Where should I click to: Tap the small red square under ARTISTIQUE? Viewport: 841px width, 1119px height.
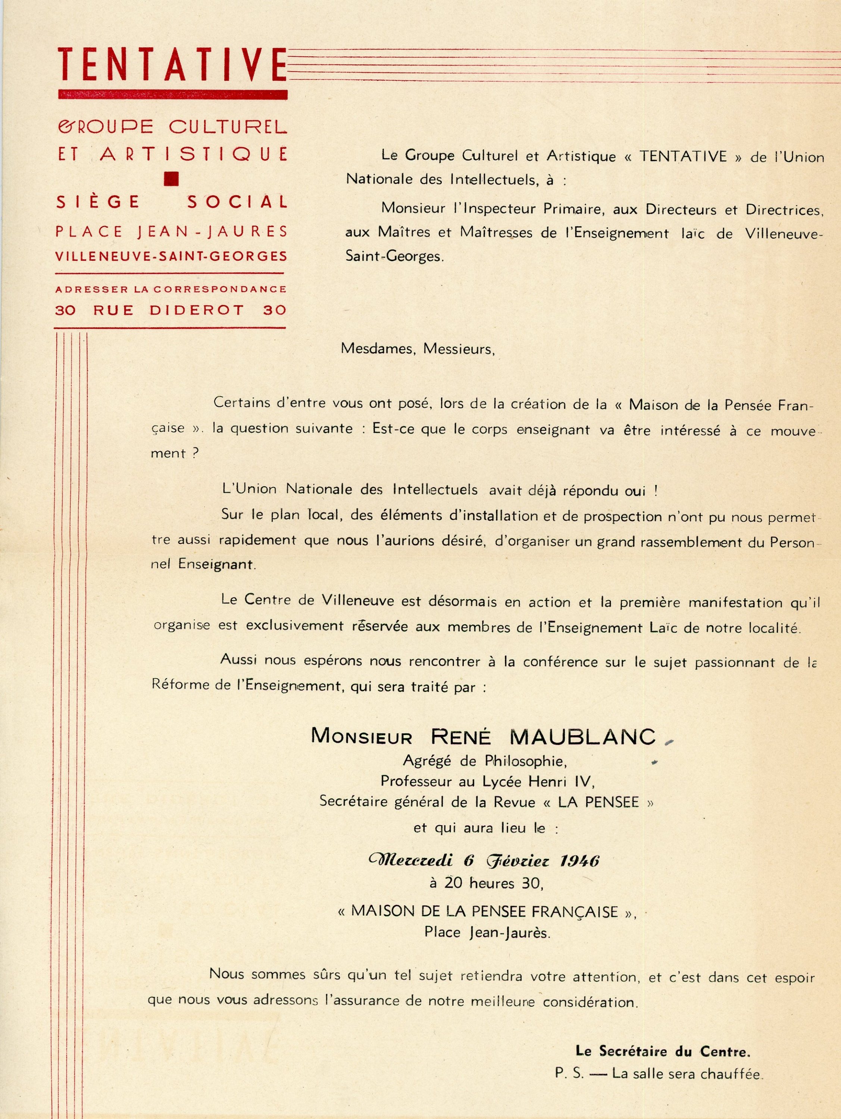click(172, 178)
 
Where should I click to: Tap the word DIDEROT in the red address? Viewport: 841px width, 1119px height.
click(197, 310)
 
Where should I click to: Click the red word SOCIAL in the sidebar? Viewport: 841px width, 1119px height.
click(237, 202)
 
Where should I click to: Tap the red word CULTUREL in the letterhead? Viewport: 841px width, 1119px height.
click(228, 127)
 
